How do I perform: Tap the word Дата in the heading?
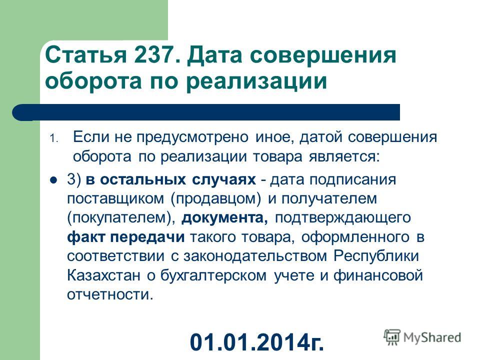click(x=215, y=56)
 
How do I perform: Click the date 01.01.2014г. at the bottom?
click(x=256, y=341)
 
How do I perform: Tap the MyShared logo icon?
click(x=392, y=337)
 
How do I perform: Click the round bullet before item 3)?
click(x=53, y=180)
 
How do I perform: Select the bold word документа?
click(x=225, y=218)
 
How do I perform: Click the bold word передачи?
click(x=147, y=237)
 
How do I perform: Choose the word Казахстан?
click(x=103, y=275)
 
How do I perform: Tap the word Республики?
click(x=376, y=256)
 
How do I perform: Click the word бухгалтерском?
click(x=213, y=276)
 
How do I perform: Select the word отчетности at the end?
click(x=110, y=295)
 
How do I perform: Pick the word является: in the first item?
click(x=344, y=157)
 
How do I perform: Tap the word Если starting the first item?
click(x=91, y=136)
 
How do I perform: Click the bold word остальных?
click(x=142, y=180)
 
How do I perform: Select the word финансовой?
click(x=378, y=276)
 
